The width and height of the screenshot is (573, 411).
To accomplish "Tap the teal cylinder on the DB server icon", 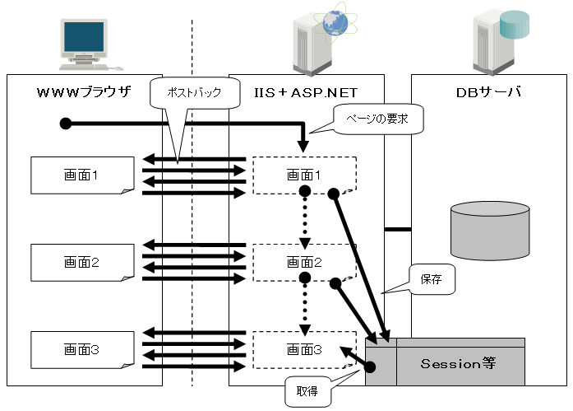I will coord(516,24).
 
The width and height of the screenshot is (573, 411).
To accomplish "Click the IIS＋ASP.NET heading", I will coord(306,91).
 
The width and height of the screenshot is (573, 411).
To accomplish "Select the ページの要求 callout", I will coord(374,119).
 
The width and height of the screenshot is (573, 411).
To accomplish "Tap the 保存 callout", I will coord(432,279).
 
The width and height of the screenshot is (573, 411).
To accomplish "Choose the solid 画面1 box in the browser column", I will coord(81,175).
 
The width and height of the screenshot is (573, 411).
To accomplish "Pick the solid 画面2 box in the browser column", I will coord(81,263).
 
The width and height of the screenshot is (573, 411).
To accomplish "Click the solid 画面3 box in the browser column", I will coord(81,350).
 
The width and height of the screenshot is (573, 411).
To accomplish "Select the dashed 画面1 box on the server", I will coord(304,175).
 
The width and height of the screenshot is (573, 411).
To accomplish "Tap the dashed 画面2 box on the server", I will coord(304,263).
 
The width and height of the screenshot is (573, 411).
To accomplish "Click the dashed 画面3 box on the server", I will coord(304,350).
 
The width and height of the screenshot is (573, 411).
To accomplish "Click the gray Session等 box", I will coord(460,363).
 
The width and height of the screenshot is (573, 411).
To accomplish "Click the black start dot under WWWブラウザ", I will coord(67,124).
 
